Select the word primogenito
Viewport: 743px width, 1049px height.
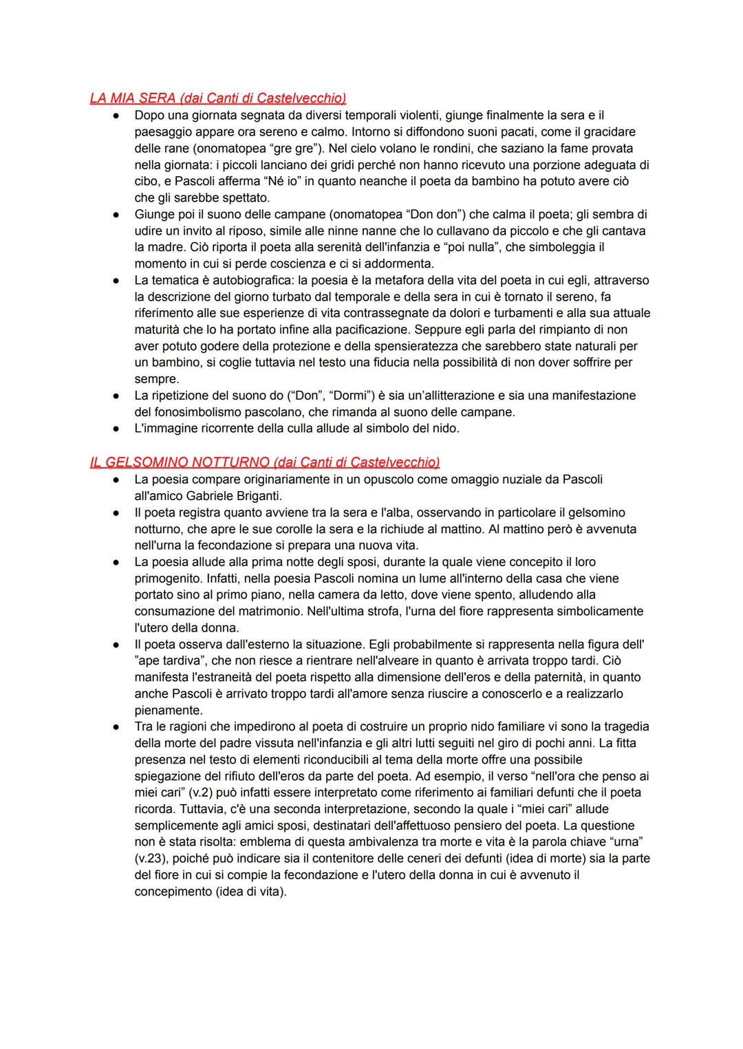coord(167,578)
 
